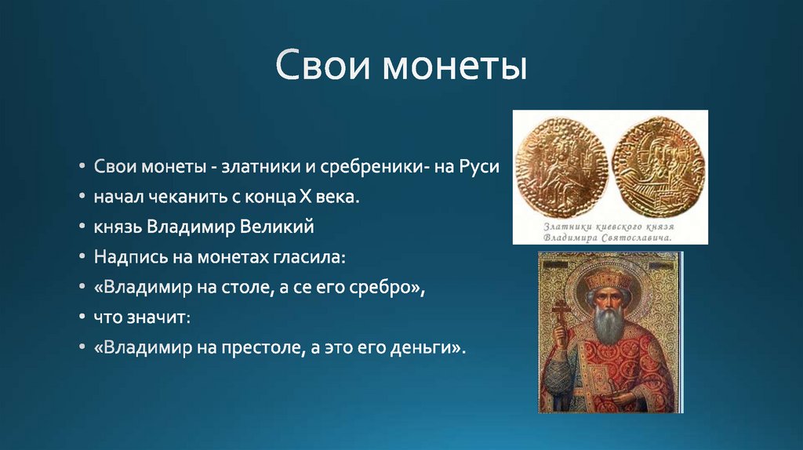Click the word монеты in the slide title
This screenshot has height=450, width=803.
(x=455, y=67)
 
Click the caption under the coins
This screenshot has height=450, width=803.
(x=610, y=230)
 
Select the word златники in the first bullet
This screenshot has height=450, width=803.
(x=256, y=168)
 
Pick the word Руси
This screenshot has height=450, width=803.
(x=479, y=168)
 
